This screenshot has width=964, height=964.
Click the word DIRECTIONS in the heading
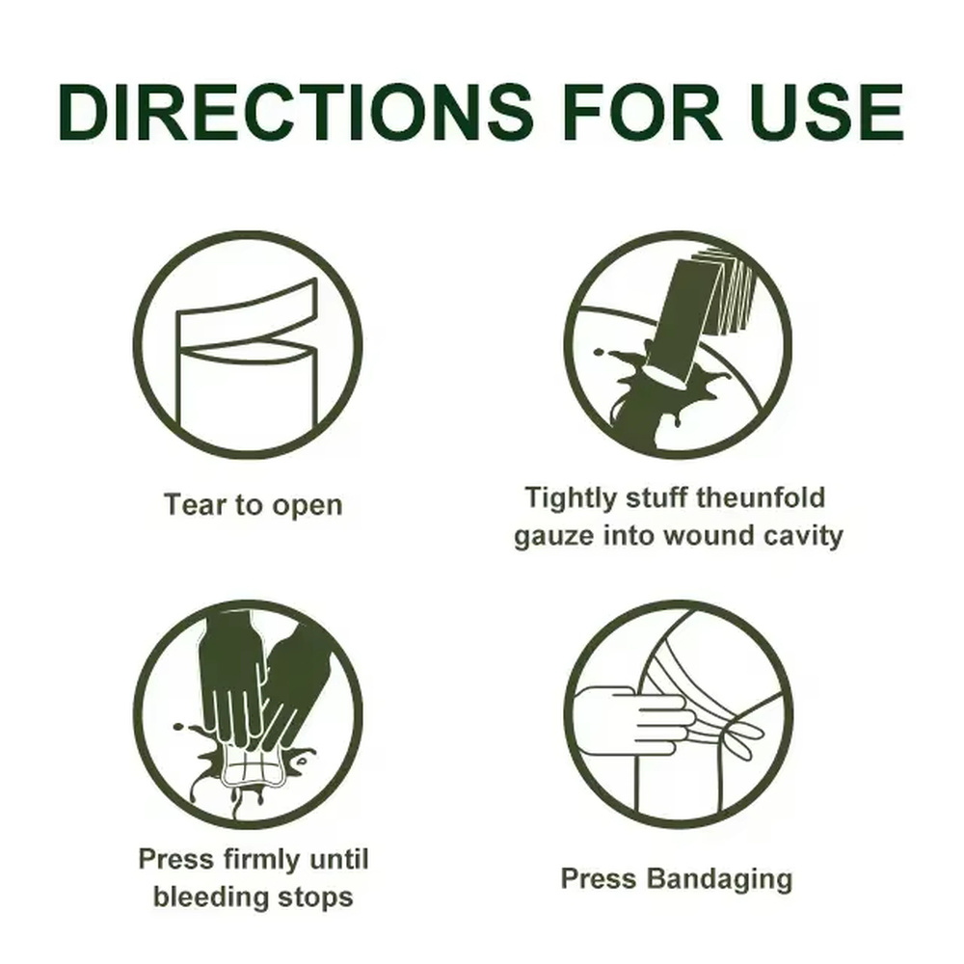(x=296, y=112)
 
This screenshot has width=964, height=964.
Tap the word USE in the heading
(x=826, y=112)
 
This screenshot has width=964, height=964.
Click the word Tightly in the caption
(x=571, y=498)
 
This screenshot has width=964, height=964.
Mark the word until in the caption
(x=338, y=859)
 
